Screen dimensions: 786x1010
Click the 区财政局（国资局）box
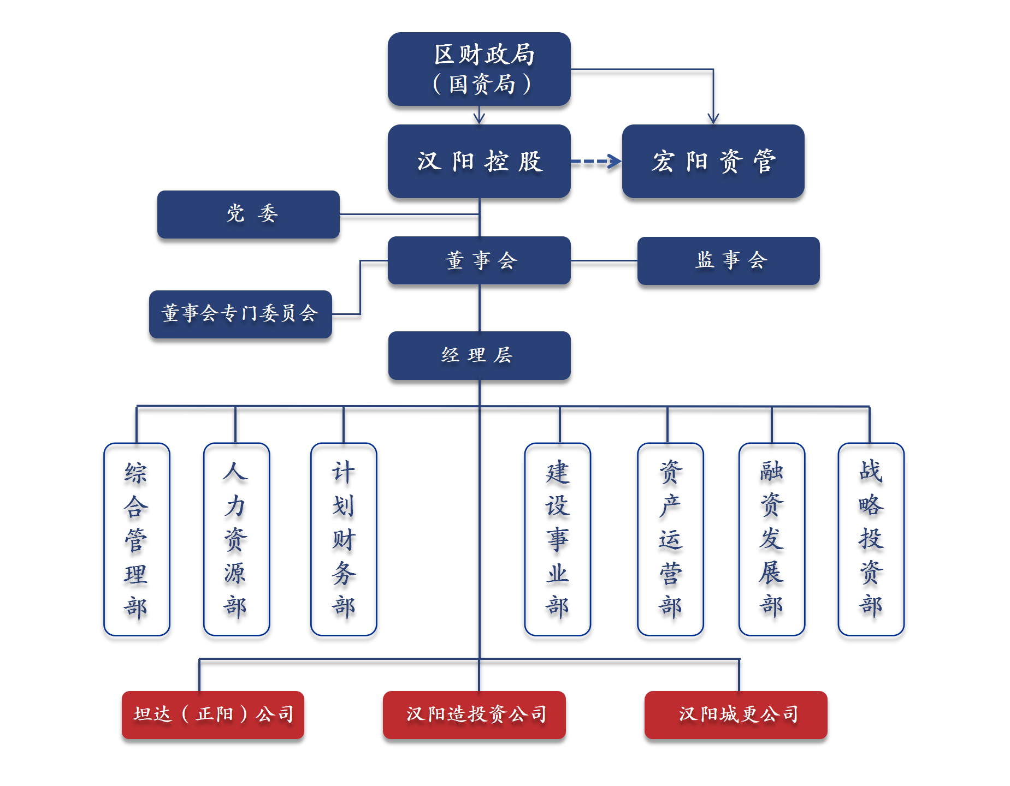(x=479, y=69)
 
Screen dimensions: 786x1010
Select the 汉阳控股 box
(x=479, y=161)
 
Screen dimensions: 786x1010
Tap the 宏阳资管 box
(x=713, y=161)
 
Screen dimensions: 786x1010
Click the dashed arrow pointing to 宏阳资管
(x=596, y=161)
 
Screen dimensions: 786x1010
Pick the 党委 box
(x=249, y=214)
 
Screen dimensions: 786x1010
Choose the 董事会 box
(x=479, y=260)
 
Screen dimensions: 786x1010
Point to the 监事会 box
(x=728, y=260)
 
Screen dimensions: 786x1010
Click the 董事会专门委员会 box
(x=240, y=314)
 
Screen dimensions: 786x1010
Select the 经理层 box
(x=479, y=355)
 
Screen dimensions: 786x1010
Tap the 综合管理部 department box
(x=137, y=539)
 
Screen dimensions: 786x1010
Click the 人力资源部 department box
(x=236, y=539)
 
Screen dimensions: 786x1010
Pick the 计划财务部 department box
(x=344, y=539)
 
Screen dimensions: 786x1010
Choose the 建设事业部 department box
(x=557, y=539)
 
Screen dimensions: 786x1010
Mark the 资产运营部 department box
(x=670, y=539)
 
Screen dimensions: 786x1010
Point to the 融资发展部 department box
(x=771, y=539)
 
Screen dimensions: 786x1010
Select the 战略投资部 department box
(x=871, y=539)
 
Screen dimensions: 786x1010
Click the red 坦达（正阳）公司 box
(x=213, y=714)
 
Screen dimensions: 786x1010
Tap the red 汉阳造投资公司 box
(x=474, y=714)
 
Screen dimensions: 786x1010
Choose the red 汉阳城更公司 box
(x=736, y=714)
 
